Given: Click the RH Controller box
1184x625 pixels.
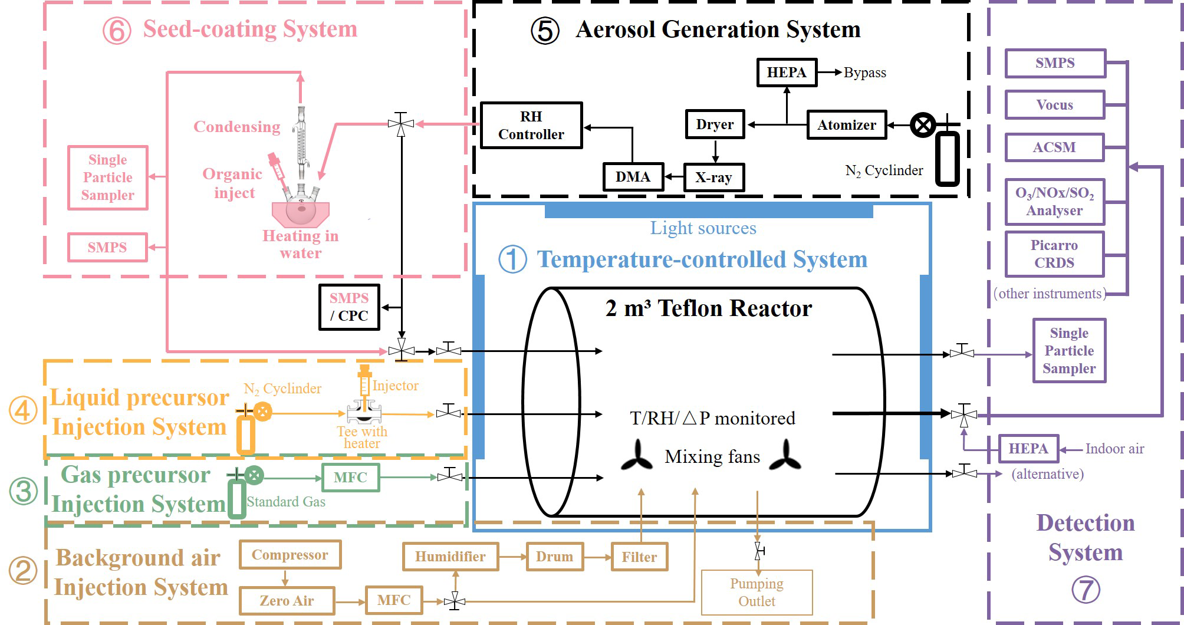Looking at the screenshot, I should pos(531,126).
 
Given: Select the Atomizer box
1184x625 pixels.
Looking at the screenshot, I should pos(846,125).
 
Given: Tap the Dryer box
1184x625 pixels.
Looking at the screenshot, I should pos(715,124).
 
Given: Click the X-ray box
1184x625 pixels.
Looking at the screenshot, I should pos(713,177).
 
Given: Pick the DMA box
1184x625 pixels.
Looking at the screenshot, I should pos(633,177).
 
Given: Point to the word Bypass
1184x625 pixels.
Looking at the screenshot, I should pos(864,73).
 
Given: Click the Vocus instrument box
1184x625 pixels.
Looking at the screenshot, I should pos(1054,105).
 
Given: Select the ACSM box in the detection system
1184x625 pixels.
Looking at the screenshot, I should pos(1054,147).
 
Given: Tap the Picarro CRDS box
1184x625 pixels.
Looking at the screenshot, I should pos(1054,254).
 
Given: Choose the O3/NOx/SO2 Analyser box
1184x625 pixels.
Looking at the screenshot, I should pos(1054,202).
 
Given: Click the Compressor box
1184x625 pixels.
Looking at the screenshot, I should pos(290,555).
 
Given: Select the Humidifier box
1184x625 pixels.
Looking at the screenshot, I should pos(450,557).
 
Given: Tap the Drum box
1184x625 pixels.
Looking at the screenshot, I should pos(554,557).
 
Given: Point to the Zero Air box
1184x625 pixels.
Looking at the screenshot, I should pos(287,601).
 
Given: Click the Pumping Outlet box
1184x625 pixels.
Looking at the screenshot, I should pos(757,593).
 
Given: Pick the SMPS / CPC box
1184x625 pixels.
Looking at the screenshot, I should pos(349,307).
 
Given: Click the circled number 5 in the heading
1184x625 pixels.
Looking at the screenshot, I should pos(545,31).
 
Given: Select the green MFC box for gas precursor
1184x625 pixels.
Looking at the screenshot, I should pos(350,478).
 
